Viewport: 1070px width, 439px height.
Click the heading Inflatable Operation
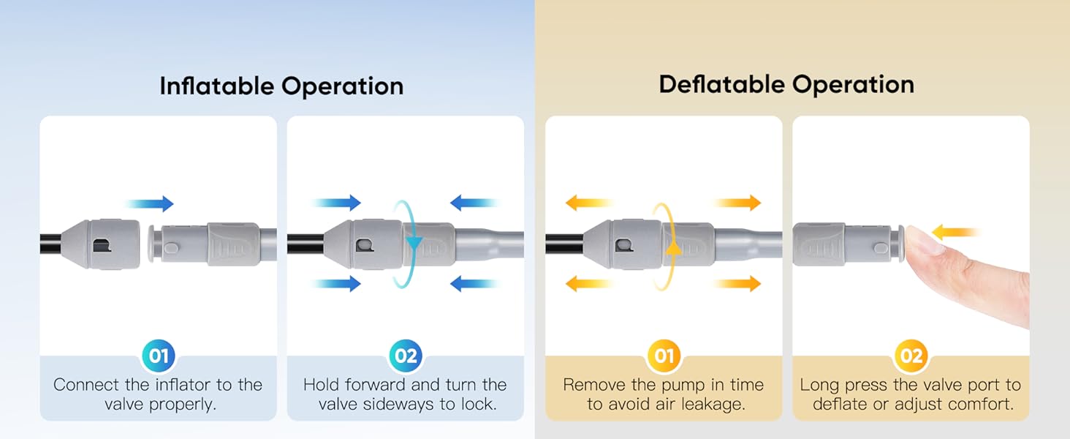click(x=281, y=86)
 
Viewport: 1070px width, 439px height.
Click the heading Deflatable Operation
click(x=786, y=84)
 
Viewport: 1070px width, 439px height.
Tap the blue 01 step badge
click(x=159, y=356)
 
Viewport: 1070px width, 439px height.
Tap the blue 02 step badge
click(x=406, y=356)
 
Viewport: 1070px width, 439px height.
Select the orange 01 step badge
click(x=664, y=356)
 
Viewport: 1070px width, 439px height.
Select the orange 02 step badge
click(x=911, y=356)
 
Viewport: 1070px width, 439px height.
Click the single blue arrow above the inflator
click(x=149, y=203)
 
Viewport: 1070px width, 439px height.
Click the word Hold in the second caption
click(x=322, y=385)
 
